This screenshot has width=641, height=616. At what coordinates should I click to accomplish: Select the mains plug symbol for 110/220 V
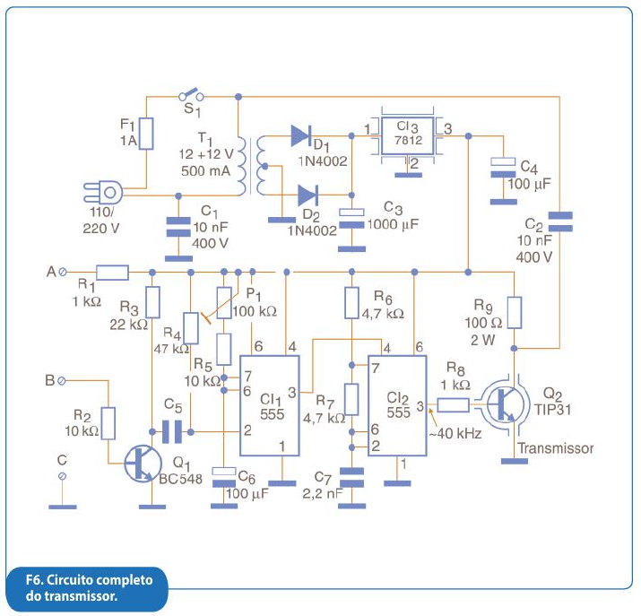click(104, 191)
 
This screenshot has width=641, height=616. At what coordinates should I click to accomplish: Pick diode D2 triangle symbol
click(308, 193)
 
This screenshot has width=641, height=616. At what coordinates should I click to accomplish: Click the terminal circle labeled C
click(62, 476)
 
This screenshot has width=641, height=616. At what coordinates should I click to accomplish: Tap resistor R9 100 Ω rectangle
click(515, 312)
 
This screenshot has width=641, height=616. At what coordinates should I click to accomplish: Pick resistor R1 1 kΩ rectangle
click(112, 271)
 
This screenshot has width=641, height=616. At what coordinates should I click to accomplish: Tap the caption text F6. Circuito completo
click(90, 579)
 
